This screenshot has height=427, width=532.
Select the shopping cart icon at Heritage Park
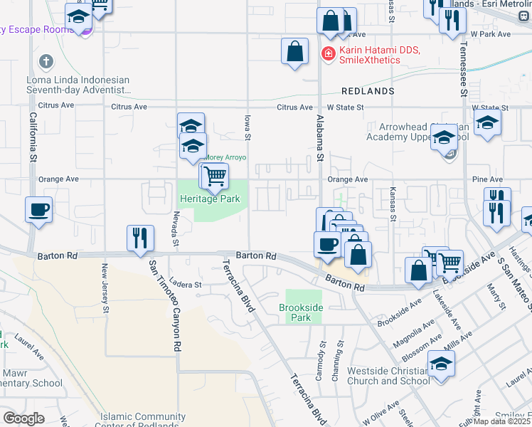click(x=214, y=175)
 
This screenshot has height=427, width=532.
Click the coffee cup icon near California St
click(x=38, y=210)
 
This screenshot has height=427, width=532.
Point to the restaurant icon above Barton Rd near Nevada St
click(x=140, y=238)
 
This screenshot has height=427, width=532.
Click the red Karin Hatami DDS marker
click(x=329, y=53)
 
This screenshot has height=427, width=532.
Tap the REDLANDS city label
click(x=367, y=92)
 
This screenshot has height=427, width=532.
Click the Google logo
click(x=23, y=418)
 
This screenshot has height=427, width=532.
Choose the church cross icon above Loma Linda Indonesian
click(x=47, y=62)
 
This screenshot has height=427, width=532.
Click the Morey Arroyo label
click(x=226, y=158)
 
